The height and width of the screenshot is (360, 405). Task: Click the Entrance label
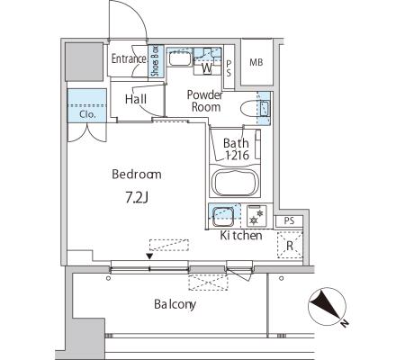click(x=129, y=58)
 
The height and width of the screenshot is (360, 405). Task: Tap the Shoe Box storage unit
click(x=157, y=61)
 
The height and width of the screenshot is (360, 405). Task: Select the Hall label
click(x=136, y=99)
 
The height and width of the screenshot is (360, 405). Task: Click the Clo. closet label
click(x=87, y=114)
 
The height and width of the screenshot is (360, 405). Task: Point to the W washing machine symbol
click(x=207, y=67)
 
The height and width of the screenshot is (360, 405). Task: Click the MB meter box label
click(x=256, y=62)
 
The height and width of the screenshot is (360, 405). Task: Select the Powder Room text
click(x=204, y=101)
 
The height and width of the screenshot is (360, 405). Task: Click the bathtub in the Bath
click(x=235, y=182)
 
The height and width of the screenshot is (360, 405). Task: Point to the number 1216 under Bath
click(x=237, y=155)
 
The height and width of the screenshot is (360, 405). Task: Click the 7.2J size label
click(x=137, y=197)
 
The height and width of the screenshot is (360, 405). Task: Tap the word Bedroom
click(x=137, y=174)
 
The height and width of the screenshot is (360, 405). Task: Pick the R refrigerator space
click(x=290, y=245)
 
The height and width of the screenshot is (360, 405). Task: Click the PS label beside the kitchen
click(x=289, y=221)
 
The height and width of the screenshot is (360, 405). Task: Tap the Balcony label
click(x=175, y=304)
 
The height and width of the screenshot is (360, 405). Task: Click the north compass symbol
click(x=328, y=307)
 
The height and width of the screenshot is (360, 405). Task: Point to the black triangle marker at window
click(x=149, y=256)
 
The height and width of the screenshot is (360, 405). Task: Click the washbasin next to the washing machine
click(x=179, y=58)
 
